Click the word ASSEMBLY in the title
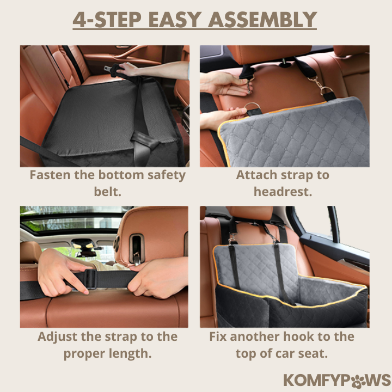(262, 20)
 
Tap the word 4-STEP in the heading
(107, 20)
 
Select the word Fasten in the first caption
(50, 175)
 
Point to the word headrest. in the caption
(283, 192)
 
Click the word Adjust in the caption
(58, 337)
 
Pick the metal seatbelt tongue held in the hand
(108, 68)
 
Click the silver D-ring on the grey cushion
(252, 107)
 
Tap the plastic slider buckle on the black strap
(90, 279)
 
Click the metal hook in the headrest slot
(137, 258)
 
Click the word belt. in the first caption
(107, 192)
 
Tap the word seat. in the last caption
(313, 353)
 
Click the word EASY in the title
(175, 20)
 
